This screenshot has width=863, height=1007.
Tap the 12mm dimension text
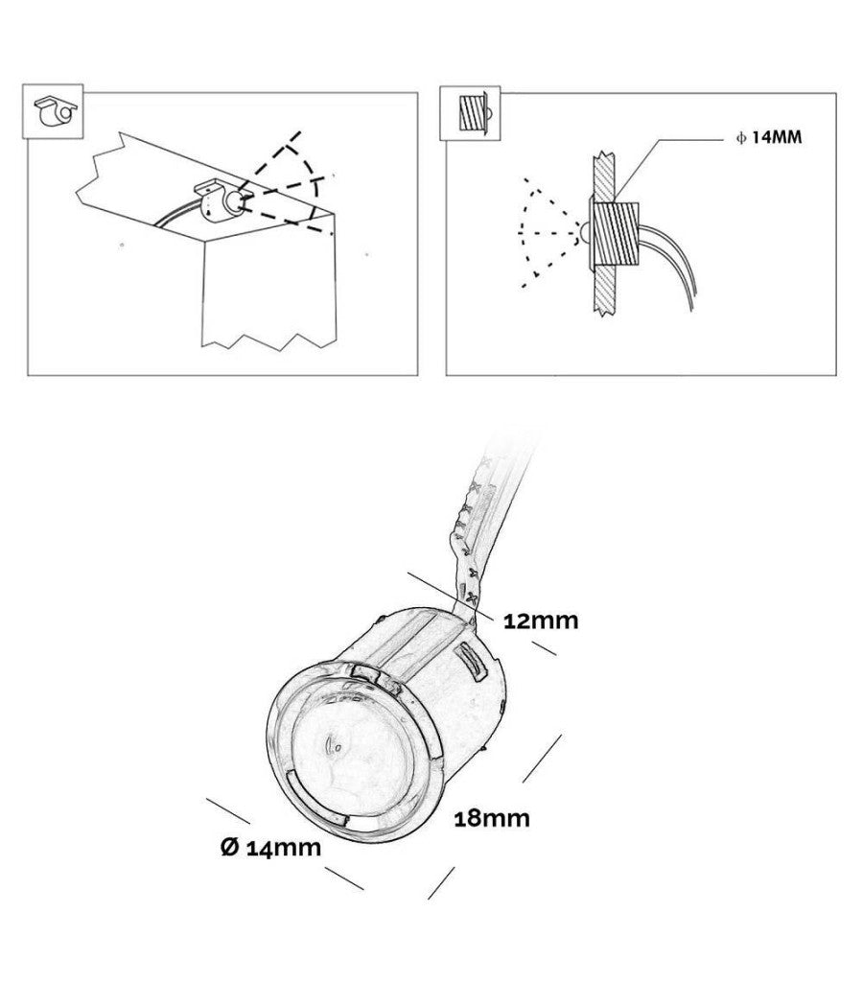click(540, 621)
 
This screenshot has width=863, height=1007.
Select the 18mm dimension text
click(492, 818)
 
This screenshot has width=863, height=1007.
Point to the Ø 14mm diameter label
click(270, 848)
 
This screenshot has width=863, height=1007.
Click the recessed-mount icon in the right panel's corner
click(473, 114)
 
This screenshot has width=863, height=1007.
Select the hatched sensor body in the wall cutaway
click(616, 233)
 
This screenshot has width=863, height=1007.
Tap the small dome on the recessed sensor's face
click(583, 233)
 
